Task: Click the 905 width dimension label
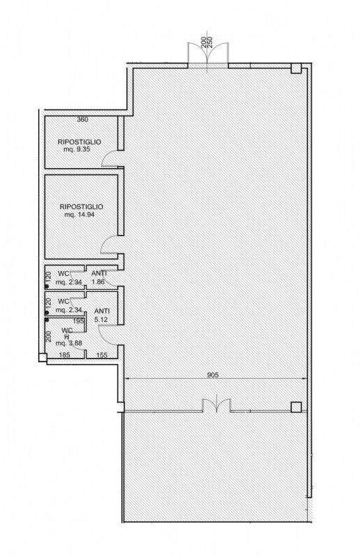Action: pyautogui.click(x=213, y=375)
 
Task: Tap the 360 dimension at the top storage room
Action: pyautogui.click(x=82, y=120)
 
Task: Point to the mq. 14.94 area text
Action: pyautogui.click(x=79, y=215)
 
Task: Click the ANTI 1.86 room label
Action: pyautogui.click(x=99, y=277)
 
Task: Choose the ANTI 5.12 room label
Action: pyautogui.click(x=101, y=315)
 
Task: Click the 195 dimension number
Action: pyautogui.click(x=78, y=321)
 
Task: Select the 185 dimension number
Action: pyautogui.click(x=65, y=354)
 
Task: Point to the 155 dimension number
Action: pyautogui.click(x=101, y=354)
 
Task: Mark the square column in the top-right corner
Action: pyautogui.click(x=296, y=68)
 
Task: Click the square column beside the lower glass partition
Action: pyautogui.click(x=296, y=407)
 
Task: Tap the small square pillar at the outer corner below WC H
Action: pyautogui.click(x=42, y=357)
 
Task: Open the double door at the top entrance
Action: pyautogui.click(x=208, y=54)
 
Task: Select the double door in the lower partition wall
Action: pyautogui.click(x=217, y=405)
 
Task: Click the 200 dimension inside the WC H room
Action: pyautogui.click(x=49, y=336)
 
